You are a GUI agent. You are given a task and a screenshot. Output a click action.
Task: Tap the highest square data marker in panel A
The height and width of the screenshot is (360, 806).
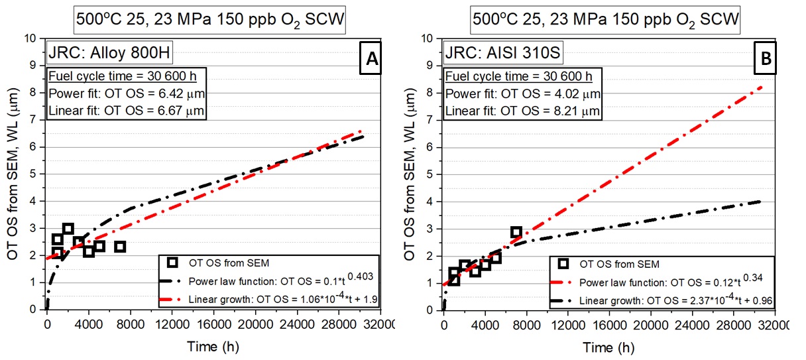[x=68, y=229]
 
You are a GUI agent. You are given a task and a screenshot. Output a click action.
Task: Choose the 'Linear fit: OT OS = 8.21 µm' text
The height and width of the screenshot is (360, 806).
[x=522, y=111]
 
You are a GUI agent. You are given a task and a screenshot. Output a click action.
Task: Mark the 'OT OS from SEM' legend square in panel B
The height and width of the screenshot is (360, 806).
[x=563, y=263]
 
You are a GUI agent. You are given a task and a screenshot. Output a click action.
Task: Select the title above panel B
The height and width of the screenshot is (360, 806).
[x=604, y=21]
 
